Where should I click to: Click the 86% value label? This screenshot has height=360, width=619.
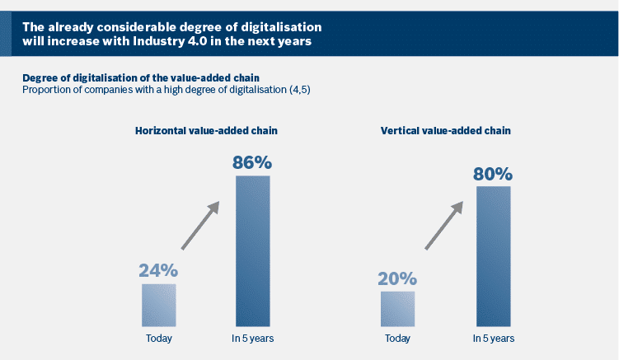click(x=252, y=161)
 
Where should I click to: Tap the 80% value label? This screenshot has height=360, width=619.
click(x=493, y=174)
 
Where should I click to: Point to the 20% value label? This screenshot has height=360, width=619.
click(x=397, y=278)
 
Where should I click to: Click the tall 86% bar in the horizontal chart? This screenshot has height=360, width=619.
click(x=252, y=250)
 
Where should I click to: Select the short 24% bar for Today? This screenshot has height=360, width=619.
click(x=158, y=304)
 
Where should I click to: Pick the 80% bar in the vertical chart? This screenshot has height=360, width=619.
click(x=493, y=256)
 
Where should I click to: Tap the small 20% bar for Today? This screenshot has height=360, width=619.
click(x=397, y=308)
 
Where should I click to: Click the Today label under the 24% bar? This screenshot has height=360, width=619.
click(x=158, y=339)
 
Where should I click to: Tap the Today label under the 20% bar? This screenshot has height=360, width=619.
click(x=397, y=339)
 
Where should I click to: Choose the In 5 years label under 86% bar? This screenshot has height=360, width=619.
click(x=252, y=339)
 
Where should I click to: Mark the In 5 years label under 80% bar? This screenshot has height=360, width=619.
click(x=493, y=339)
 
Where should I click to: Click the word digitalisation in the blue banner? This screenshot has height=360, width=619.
click(x=272, y=27)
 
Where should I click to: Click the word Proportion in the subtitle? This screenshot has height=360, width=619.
click(x=49, y=89)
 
